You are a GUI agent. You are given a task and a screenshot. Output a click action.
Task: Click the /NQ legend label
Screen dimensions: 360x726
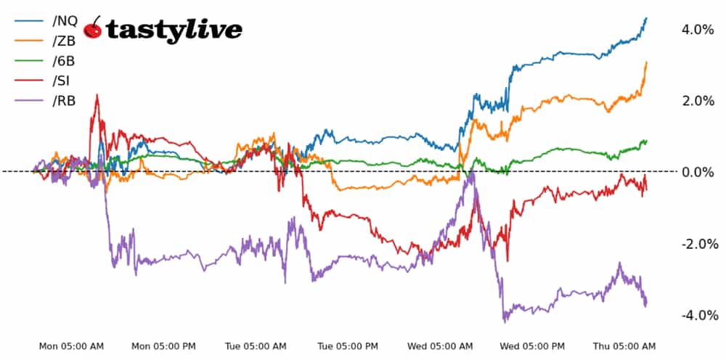tap(65, 21)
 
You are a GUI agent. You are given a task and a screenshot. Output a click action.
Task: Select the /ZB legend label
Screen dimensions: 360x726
tap(64, 41)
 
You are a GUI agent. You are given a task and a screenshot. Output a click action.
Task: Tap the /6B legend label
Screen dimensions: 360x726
tap(63, 61)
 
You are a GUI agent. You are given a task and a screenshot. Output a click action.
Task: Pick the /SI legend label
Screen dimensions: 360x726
tap(61, 81)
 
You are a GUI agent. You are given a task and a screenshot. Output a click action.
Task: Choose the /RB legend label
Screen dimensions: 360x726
tap(64, 101)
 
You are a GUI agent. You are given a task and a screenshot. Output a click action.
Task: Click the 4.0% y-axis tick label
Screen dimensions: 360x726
tap(698, 30)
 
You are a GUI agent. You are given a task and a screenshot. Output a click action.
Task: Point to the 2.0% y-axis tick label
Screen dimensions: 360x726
tap(698, 101)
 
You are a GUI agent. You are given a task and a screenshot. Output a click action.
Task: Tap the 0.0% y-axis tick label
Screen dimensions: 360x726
tap(698, 172)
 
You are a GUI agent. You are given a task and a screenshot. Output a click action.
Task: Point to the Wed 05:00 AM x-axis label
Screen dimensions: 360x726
tap(440, 346)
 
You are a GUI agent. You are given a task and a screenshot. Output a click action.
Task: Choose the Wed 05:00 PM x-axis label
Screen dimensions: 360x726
tap(532, 346)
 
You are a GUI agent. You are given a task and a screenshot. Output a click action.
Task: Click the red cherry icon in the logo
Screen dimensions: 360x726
tap(93, 28)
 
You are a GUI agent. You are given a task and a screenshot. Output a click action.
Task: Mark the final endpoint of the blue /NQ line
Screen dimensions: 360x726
tap(646, 18)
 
